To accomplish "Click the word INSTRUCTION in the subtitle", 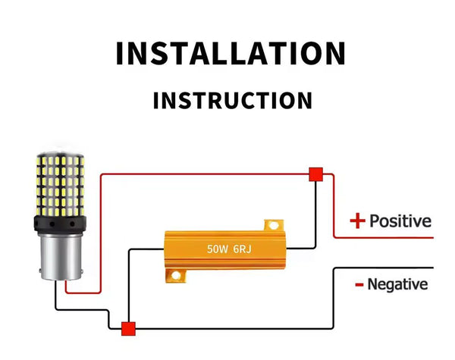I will click(x=232, y=101).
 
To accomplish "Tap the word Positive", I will click(x=400, y=221).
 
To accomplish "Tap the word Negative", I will click(x=397, y=285).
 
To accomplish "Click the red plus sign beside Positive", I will click(x=357, y=221).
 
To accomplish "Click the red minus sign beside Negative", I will click(x=358, y=286).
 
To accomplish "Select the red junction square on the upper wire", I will click(x=315, y=174).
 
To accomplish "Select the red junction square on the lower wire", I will click(x=128, y=328).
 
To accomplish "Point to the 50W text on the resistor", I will click(x=218, y=249).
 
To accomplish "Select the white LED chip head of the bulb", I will click(x=60, y=182).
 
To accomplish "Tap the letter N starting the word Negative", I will click(x=373, y=285).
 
